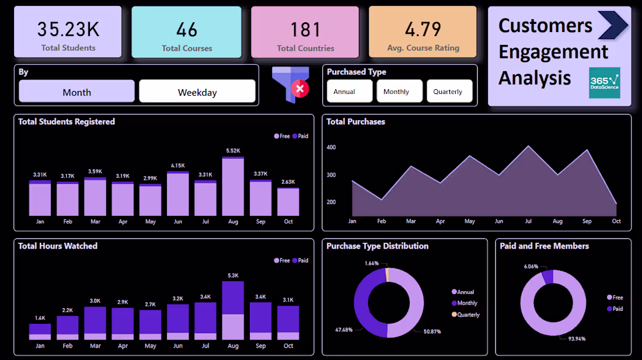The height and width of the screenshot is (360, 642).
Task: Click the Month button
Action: [x=76, y=92]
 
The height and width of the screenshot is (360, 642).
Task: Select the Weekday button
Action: [x=197, y=92]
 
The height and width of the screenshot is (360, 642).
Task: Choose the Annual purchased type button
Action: [x=349, y=92]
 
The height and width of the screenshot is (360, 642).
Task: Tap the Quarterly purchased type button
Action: [x=448, y=92]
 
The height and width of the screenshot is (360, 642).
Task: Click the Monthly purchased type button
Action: [x=399, y=92]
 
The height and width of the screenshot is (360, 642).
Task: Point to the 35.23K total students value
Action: [x=68, y=29]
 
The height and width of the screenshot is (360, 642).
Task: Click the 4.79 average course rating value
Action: [x=423, y=29]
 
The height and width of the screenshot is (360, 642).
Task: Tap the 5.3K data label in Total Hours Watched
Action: [x=233, y=275]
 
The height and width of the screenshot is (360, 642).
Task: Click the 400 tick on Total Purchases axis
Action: [x=331, y=148]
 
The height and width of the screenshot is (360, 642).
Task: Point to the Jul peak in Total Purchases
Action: [x=528, y=146]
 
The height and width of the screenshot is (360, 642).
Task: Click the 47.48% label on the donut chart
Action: [x=343, y=330]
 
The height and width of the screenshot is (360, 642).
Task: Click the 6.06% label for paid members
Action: [x=531, y=266]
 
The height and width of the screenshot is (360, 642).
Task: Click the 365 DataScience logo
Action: [x=605, y=83]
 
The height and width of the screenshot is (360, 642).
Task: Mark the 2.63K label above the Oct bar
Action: [x=288, y=181]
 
